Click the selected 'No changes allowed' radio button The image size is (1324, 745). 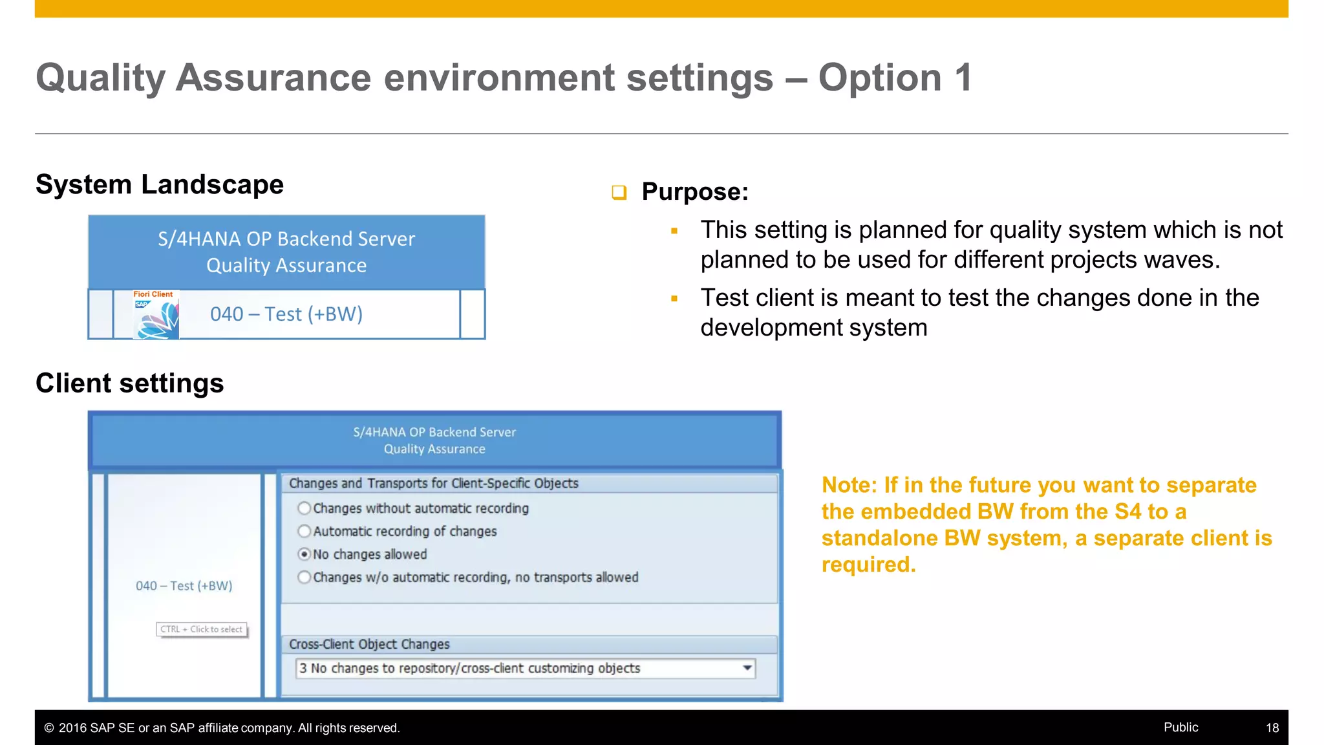tap(304, 554)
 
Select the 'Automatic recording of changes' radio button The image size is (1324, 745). tap(304, 532)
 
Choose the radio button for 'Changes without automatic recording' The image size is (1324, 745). tap(304, 508)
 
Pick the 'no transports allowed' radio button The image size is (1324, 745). tap(304, 578)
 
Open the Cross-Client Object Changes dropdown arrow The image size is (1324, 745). tap(747, 668)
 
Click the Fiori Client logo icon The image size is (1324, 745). tap(156, 315)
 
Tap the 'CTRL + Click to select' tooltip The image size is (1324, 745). tap(202, 629)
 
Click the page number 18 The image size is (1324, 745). tap(1272, 728)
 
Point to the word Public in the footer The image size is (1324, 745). tap(1180, 728)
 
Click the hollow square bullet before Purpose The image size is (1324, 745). tap(619, 192)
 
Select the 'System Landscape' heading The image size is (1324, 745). tap(160, 185)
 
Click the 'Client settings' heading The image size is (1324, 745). tap(130, 383)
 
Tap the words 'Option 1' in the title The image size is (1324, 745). tap(895, 78)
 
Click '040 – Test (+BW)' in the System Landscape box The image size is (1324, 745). tap(286, 314)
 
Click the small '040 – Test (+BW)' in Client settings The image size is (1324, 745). tap(184, 586)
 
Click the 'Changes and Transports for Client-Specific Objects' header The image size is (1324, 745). tap(434, 484)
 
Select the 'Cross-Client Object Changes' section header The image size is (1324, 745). tap(369, 645)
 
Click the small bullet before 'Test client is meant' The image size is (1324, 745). tap(674, 299)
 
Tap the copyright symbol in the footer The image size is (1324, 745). tap(49, 728)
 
